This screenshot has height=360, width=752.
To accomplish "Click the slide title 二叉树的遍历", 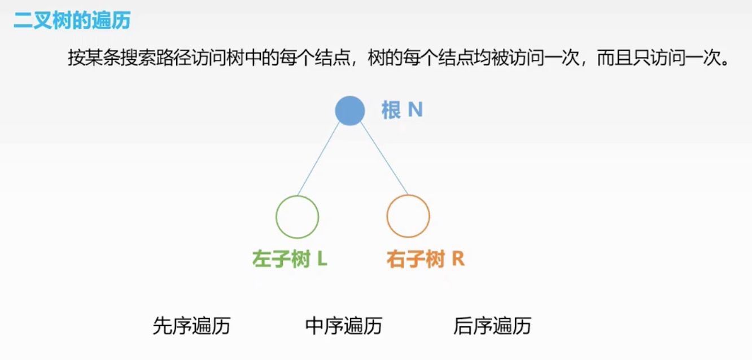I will tap(72, 21).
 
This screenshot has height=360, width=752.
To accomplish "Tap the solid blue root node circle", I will tap(349, 111).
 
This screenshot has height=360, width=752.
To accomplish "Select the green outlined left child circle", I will tap(297, 217).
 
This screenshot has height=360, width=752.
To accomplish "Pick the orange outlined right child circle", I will tap(408, 216).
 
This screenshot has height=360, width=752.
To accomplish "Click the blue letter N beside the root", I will tap(415, 109).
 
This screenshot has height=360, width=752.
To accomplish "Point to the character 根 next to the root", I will tap(391, 110).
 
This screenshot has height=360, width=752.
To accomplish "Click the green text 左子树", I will tap(281, 260).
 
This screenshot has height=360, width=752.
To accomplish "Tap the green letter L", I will tap(322, 259).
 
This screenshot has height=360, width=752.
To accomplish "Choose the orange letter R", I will tap(458, 259).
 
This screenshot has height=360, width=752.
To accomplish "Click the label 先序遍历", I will tap(191, 326).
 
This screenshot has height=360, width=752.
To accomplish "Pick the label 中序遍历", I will tap(343, 326).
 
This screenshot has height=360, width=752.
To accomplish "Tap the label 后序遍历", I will tap(492, 326).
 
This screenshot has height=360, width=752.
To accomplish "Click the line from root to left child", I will tap(318, 159).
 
